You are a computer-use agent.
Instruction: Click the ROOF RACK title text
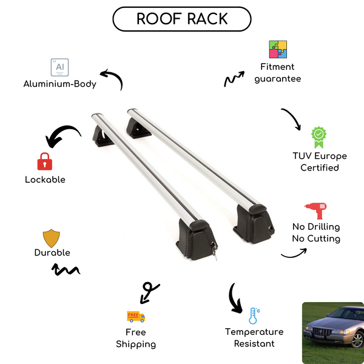pyautogui.click(x=182, y=18)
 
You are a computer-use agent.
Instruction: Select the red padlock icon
pyautogui.click(x=44, y=161)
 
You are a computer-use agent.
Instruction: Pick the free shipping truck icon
pyautogui.click(x=136, y=316)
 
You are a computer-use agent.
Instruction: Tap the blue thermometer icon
pyautogui.click(x=254, y=315)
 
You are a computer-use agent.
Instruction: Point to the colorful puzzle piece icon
pyautogui.click(x=278, y=50)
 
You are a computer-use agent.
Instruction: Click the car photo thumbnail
pyautogui.click(x=332, y=332)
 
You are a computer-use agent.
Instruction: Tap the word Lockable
pyautogui.click(x=45, y=180)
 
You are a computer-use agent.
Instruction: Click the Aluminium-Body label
pyautogui.click(x=60, y=84)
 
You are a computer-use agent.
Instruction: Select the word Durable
pyautogui.click(x=52, y=252)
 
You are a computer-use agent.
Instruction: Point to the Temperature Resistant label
pyautogui.click(x=254, y=338)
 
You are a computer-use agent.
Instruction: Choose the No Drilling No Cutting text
pyautogui.click(x=316, y=232)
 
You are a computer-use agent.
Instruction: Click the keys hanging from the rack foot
pyautogui.click(x=214, y=249)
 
